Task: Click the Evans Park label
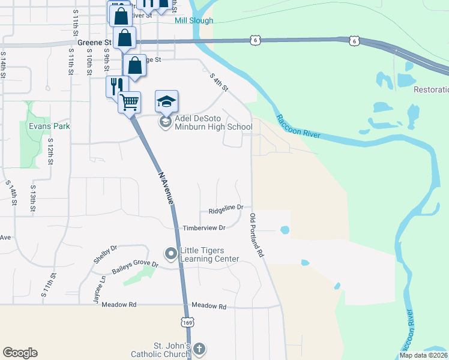coord(49,126)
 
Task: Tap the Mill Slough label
coord(194,20)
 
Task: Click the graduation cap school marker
coord(167,101)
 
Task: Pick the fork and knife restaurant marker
coord(116,86)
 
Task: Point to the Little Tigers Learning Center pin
coord(171,254)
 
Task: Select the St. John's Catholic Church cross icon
coord(199,349)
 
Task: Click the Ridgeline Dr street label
coord(226,209)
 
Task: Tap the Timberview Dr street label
coord(204,228)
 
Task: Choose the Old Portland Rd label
coord(257,235)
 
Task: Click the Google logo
coord(20,353)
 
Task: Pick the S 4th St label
coord(219,82)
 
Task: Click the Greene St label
coord(95,43)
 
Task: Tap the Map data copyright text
coord(424,355)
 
